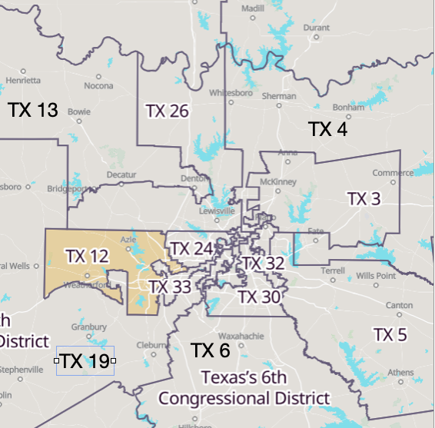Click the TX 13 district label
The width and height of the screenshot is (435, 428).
[33, 110]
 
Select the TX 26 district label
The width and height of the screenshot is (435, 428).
[167, 111]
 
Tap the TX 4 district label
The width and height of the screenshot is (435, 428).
[328, 129]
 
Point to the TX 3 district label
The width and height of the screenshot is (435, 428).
[364, 198]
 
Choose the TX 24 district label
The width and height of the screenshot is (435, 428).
[191, 249]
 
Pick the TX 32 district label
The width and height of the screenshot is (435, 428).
[264, 264]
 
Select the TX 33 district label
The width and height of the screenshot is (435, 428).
[169, 287]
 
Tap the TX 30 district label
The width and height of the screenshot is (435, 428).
[258, 296]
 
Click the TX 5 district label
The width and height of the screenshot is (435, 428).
[390, 334]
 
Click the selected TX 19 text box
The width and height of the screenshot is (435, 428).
[85, 360]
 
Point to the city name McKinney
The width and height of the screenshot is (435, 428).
[278, 181]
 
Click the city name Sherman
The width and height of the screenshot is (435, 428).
[279, 96]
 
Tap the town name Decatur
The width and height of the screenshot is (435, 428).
[121, 175]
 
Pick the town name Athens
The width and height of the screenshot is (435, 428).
[400, 373]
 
